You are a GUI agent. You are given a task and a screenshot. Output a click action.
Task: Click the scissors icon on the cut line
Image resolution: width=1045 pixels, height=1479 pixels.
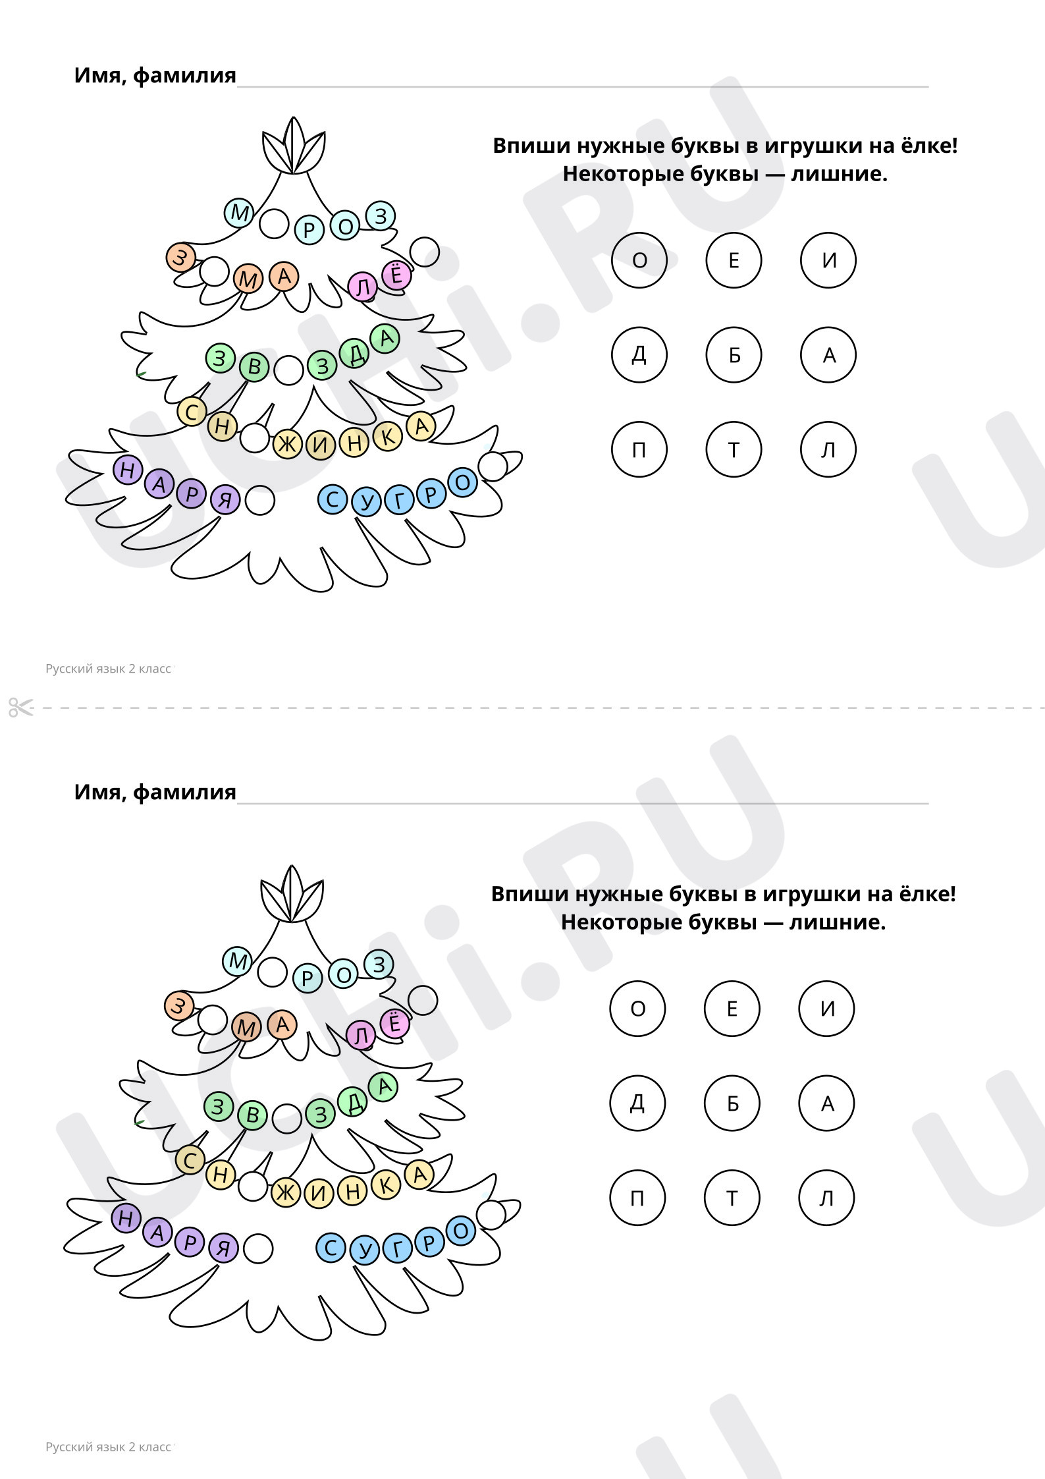click(x=20, y=707)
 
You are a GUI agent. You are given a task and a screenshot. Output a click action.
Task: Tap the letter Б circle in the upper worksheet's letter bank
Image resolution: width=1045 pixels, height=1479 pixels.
click(x=734, y=354)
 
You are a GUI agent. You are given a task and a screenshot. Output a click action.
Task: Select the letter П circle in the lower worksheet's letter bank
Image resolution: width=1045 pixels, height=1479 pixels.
click(x=637, y=1198)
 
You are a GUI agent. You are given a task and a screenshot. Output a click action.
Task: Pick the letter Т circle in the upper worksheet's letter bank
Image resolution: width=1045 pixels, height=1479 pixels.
click(x=734, y=449)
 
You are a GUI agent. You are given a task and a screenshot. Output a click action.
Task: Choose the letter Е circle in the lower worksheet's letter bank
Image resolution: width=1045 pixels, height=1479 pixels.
click(x=732, y=1008)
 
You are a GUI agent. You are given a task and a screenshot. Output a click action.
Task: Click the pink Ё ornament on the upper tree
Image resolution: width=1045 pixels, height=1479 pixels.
click(x=396, y=274)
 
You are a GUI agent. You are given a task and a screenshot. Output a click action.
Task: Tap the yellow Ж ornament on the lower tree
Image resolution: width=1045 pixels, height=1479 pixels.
click(x=286, y=1192)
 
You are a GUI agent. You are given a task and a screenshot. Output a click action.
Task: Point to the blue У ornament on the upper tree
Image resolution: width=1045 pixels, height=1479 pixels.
click(x=367, y=503)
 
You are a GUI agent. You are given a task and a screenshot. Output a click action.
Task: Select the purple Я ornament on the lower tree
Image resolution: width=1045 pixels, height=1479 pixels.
click(x=224, y=1248)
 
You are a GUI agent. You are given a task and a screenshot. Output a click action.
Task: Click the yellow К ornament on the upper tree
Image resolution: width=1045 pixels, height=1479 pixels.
click(x=388, y=436)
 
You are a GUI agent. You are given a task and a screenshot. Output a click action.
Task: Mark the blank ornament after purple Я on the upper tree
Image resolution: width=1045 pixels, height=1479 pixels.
click(x=259, y=501)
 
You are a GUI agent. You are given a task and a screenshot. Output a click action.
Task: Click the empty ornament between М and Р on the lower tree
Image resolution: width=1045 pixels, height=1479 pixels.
click(x=272, y=972)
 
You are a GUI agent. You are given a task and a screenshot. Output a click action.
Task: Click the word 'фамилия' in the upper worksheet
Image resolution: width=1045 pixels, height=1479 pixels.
click(x=184, y=76)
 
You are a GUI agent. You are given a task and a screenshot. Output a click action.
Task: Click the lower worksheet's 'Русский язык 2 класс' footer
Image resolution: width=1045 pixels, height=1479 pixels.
click(x=108, y=1447)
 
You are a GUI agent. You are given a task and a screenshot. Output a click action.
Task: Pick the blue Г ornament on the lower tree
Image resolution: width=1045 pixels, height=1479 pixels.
click(x=398, y=1248)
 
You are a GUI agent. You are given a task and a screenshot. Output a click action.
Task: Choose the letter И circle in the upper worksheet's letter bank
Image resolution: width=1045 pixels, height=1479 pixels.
click(x=828, y=260)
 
